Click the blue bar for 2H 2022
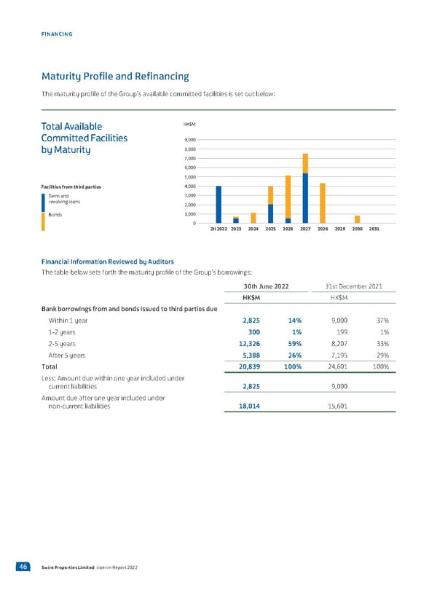point(219,205)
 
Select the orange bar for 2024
point(253,218)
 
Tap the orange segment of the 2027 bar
point(305,163)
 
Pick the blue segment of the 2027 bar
point(305,198)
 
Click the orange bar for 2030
point(357,219)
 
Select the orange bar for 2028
point(323,203)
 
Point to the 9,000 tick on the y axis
point(190,141)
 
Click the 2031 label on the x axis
point(374,229)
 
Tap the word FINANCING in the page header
point(56,34)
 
